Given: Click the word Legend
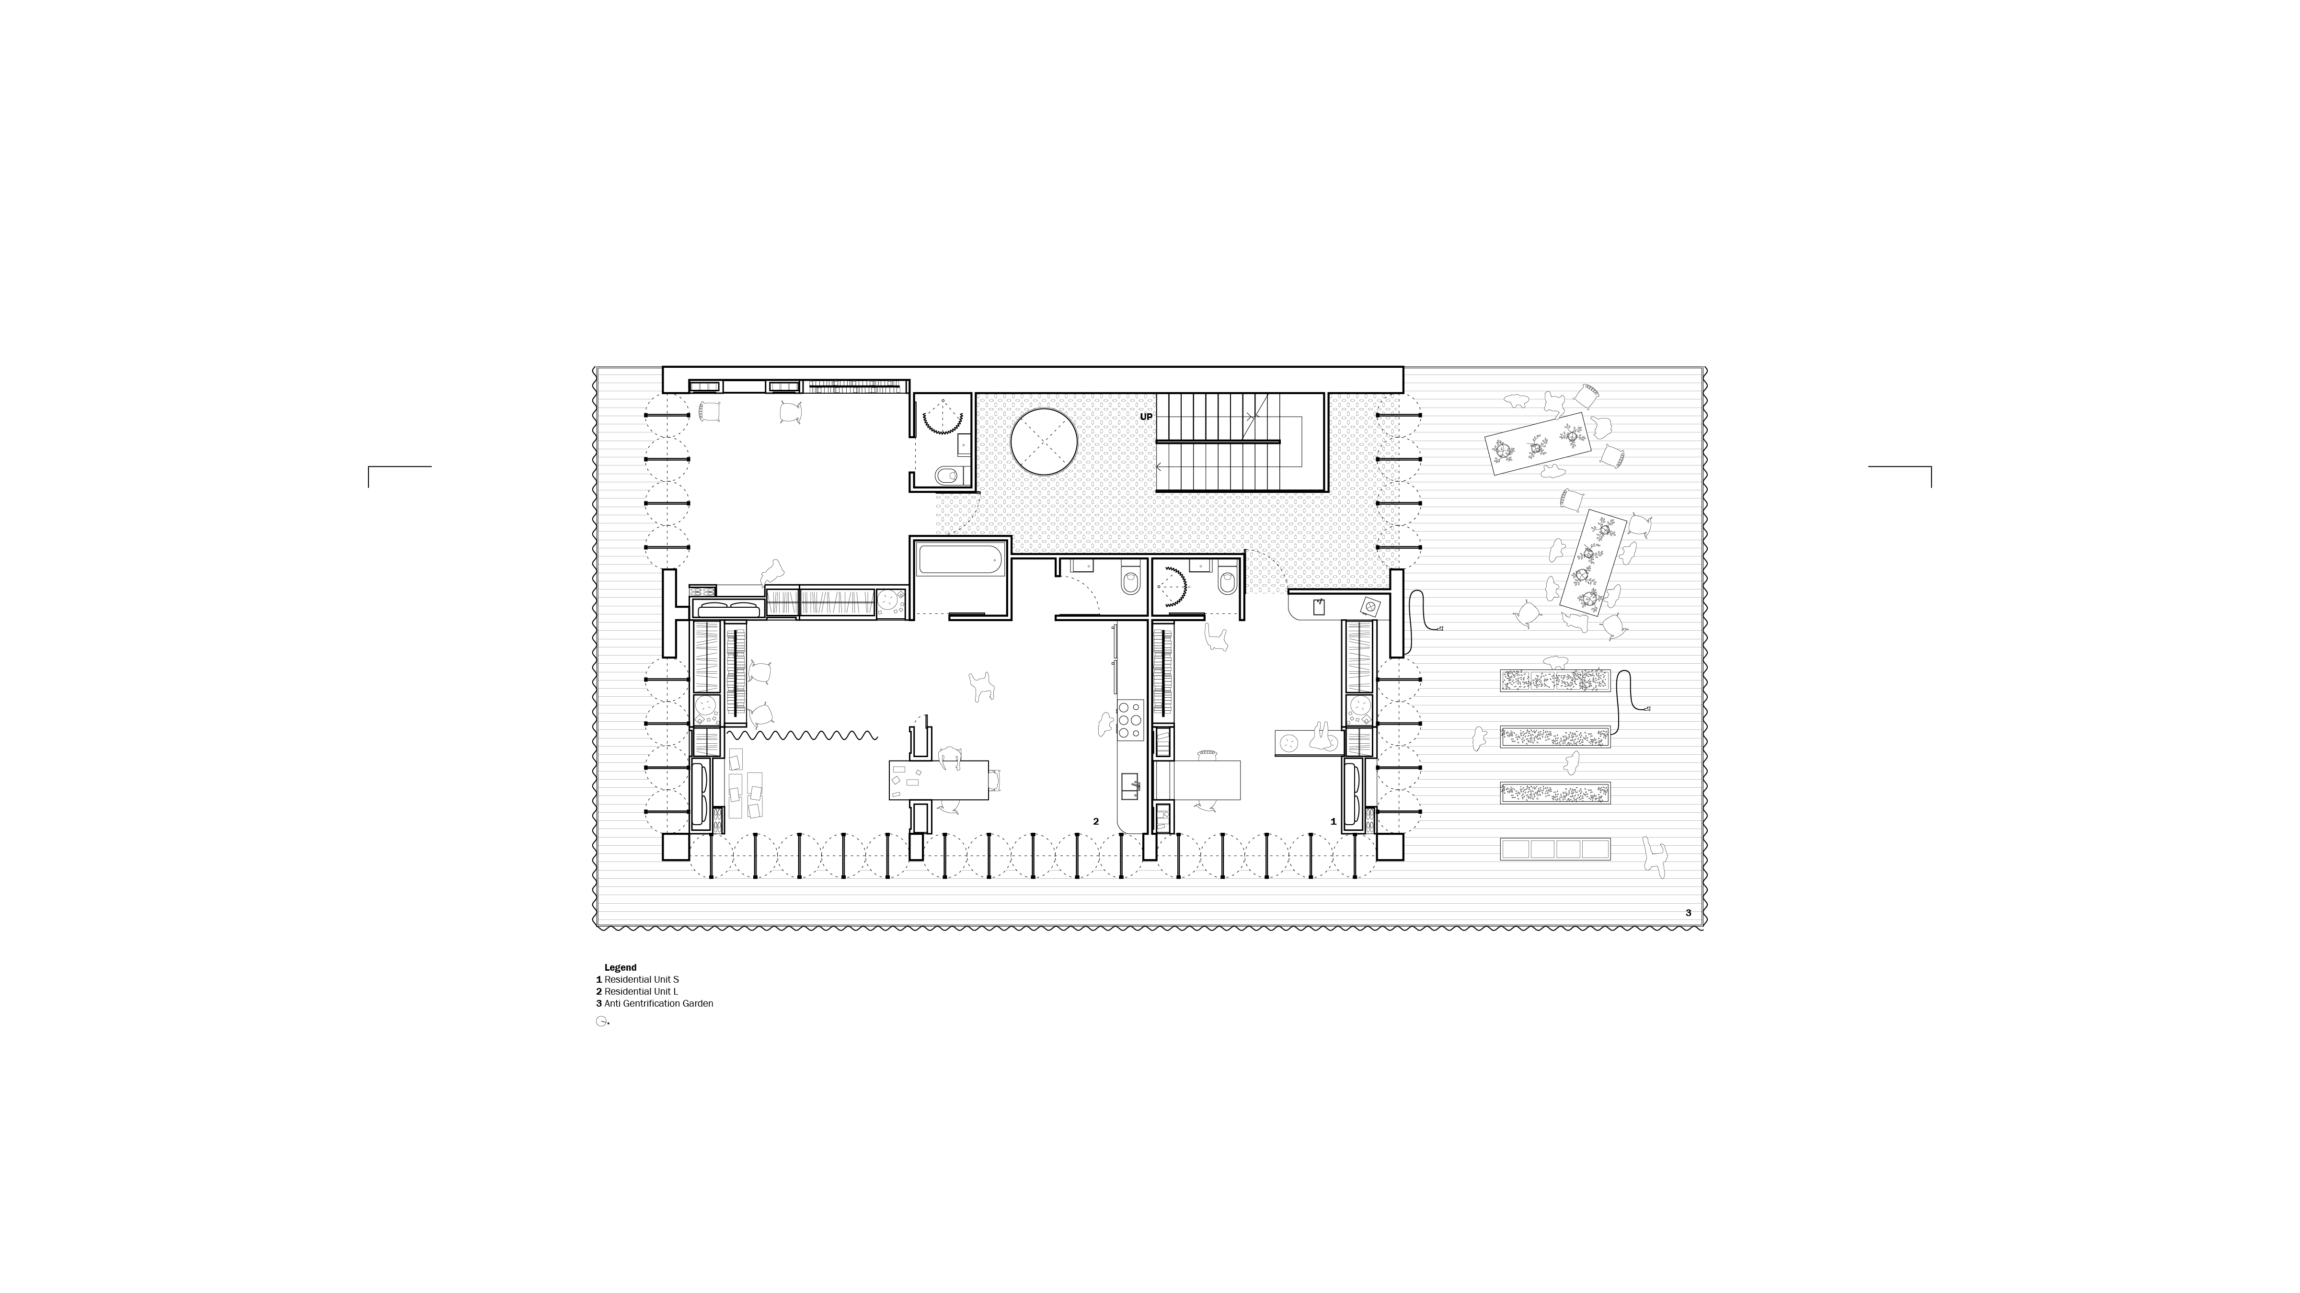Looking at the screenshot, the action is click(x=621, y=967).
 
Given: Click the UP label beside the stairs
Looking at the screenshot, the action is click(x=1146, y=417).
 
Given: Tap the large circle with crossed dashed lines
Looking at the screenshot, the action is click(x=1044, y=442).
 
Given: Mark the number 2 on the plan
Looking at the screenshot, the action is click(x=1095, y=821).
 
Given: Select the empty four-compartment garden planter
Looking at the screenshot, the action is click(x=1555, y=849).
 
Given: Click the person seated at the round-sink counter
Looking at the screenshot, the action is click(x=1322, y=736).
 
